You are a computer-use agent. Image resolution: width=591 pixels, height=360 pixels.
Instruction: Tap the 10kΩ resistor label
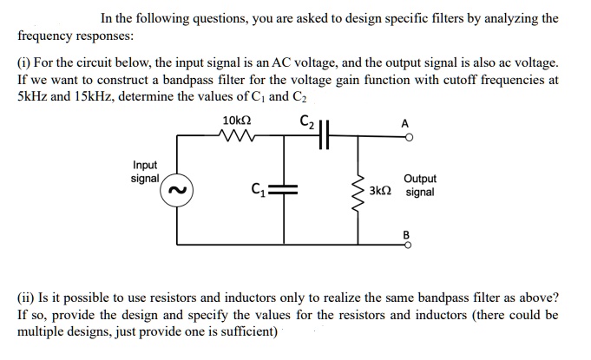[237, 120]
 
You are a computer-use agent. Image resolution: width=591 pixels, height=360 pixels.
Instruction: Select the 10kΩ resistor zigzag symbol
[237, 135]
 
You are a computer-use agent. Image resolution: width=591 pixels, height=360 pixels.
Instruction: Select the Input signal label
[145, 172]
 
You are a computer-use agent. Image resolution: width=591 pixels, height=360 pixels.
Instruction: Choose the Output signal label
[420, 186]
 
